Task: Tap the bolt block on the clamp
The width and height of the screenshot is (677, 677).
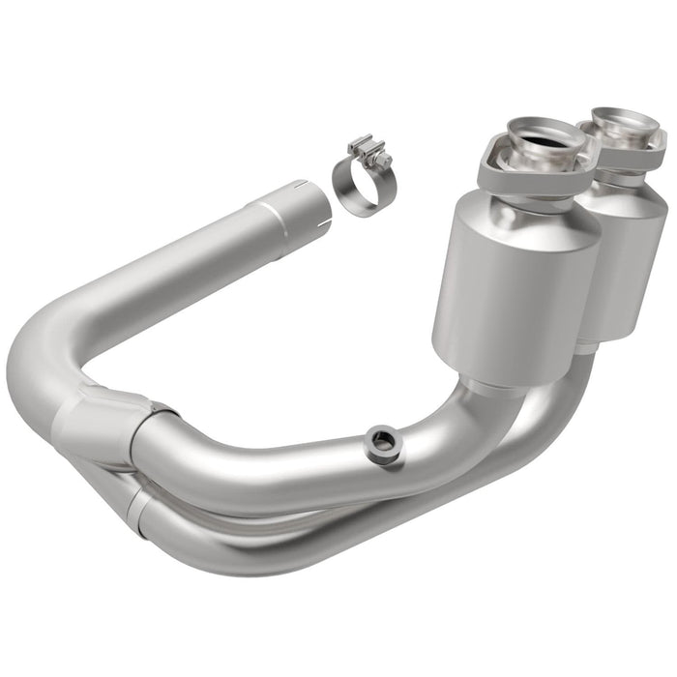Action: [x=370, y=152]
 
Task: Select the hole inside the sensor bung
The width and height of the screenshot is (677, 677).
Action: [x=382, y=441]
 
